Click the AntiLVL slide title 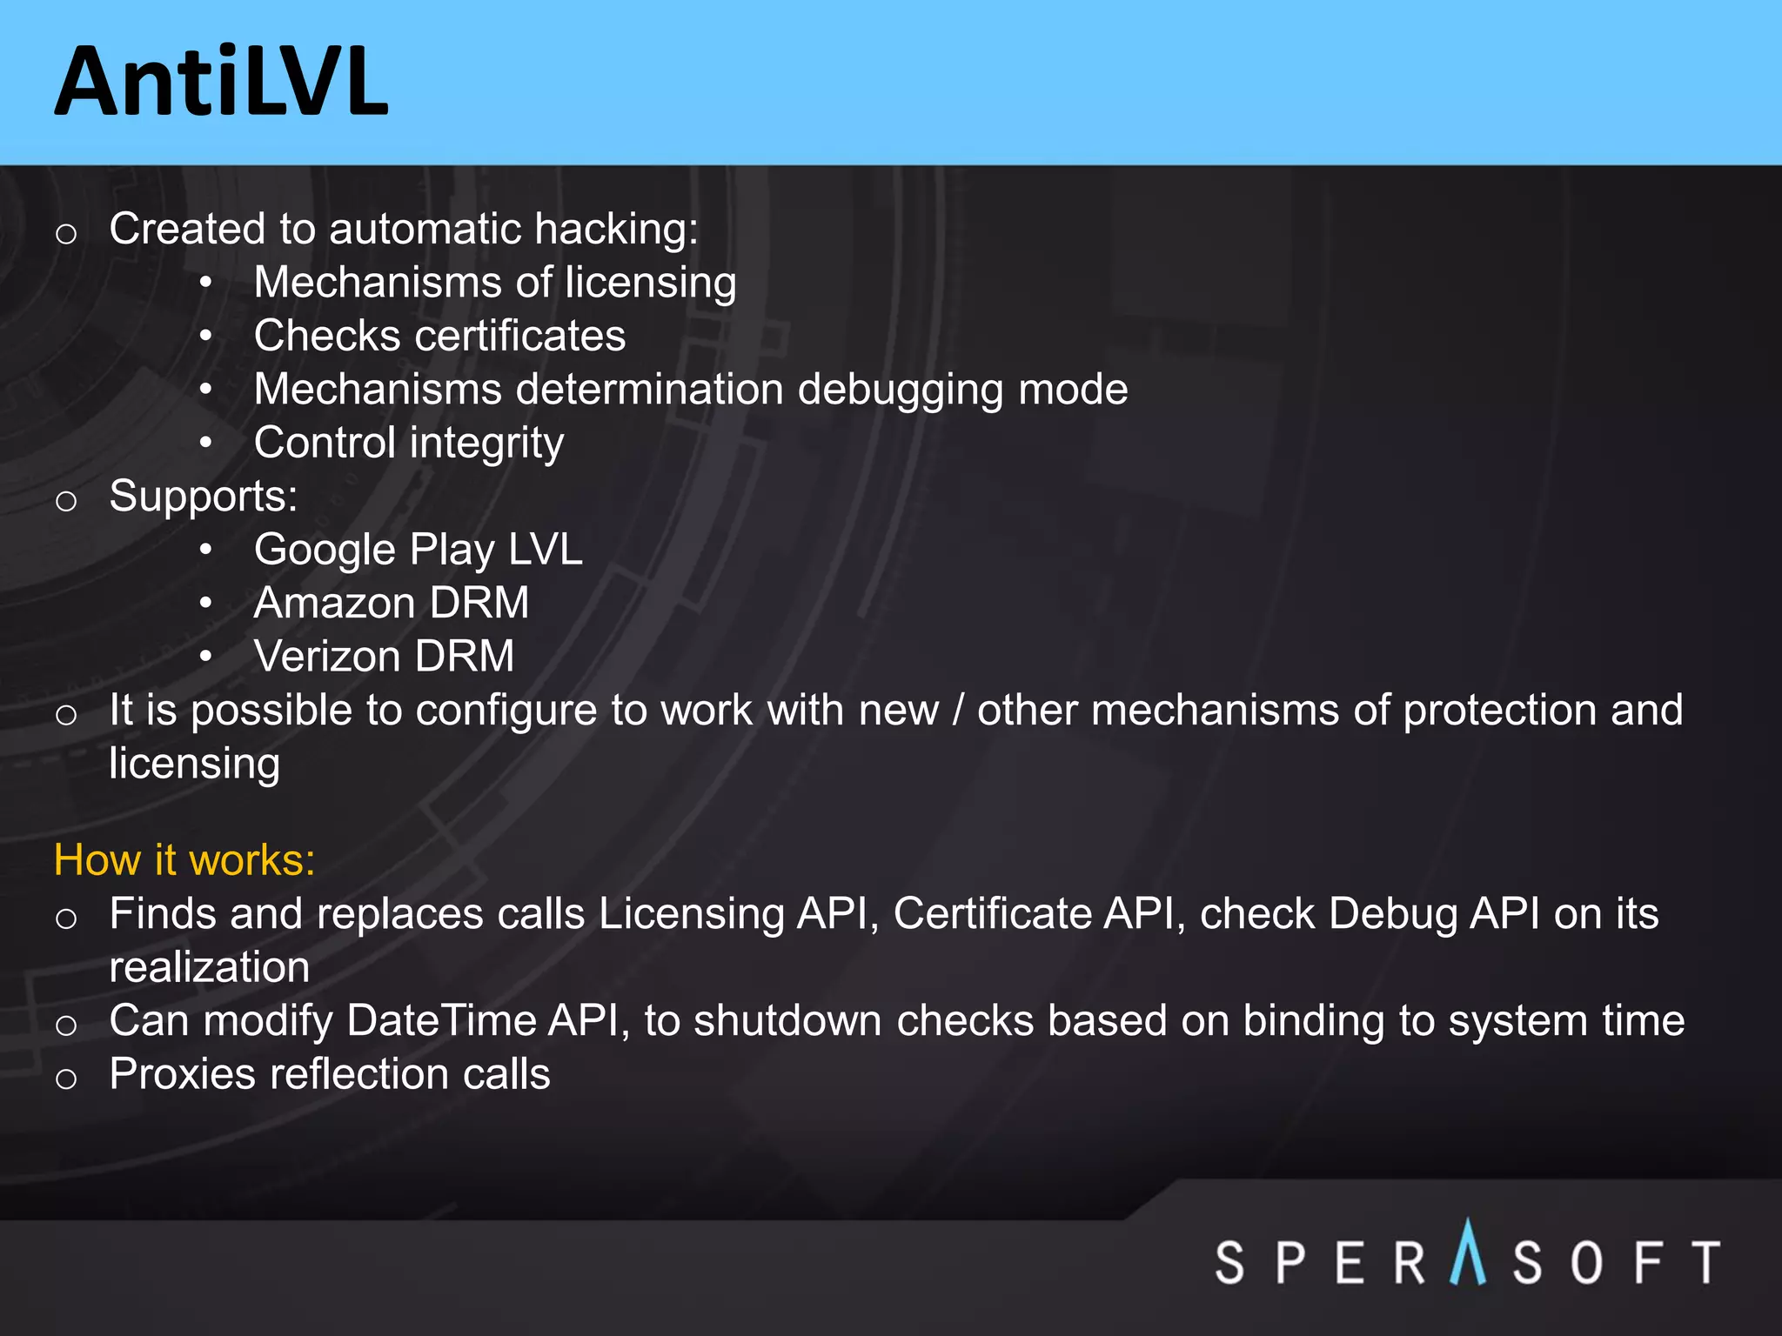[x=221, y=83]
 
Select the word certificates [x=519, y=337]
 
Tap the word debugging [x=900, y=390]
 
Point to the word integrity [x=486, y=444]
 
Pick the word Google [x=325, y=551]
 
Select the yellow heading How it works [x=184, y=860]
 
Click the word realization [x=209, y=968]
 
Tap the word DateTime [x=441, y=1021]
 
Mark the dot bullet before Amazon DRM [x=205, y=603]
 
